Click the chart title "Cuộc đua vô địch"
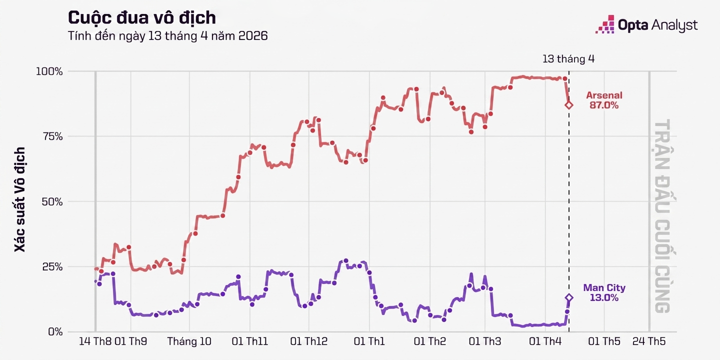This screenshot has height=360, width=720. [x=141, y=18]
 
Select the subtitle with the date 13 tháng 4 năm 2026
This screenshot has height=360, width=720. [x=167, y=36]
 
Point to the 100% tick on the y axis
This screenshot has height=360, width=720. [x=49, y=71]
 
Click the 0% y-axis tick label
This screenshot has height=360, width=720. [x=55, y=331]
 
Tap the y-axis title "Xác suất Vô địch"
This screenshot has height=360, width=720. [x=20, y=199]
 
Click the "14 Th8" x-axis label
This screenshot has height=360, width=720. [x=95, y=342]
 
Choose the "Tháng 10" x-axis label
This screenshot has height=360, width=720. [x=189, y=342]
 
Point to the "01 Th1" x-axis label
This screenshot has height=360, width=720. [x=369, y=342]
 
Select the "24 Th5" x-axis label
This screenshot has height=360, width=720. [x=649, y=342]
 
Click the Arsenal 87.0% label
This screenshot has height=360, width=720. [x=604, y=100]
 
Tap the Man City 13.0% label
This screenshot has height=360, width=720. [x=604, y=293]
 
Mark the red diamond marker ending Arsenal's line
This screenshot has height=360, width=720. [x=569, y=105]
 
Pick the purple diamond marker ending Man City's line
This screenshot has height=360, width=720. [x=569, y=297]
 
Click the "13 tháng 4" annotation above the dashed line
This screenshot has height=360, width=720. [x=568, y=59]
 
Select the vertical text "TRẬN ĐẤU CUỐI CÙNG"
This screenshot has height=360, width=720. [x=662, y=216]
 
